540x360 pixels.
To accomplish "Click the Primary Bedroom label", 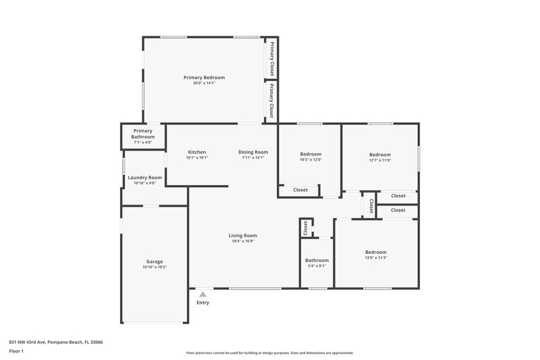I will coord(204,78).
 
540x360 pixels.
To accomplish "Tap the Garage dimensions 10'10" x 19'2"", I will coord(155,267).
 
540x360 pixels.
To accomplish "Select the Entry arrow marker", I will coord(202,294).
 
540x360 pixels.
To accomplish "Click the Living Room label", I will coord(242,235).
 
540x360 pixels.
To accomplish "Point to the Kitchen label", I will coord(197,152).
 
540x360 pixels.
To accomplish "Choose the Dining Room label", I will coord(253,152).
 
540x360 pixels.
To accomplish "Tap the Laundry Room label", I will coord(144,177).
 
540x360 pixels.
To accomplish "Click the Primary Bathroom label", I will coord(143,134).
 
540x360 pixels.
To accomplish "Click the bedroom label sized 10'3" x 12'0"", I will coord(310,154).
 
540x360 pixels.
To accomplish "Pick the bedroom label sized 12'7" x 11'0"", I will coord(380,154).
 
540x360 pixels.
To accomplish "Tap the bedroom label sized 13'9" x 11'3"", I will coord(376,251).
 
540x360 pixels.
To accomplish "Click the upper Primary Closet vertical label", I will coord(272,58).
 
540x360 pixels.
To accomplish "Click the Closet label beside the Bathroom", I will coord(306,228).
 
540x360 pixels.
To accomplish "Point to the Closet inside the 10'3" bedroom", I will coord(300,190).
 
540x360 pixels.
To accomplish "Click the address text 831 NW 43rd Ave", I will coord(55,342).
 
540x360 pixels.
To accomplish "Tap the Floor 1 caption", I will coord(16,352).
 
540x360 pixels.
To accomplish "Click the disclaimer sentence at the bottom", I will coord(269,353).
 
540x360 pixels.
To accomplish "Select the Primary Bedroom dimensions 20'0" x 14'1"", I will coord(204,83).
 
